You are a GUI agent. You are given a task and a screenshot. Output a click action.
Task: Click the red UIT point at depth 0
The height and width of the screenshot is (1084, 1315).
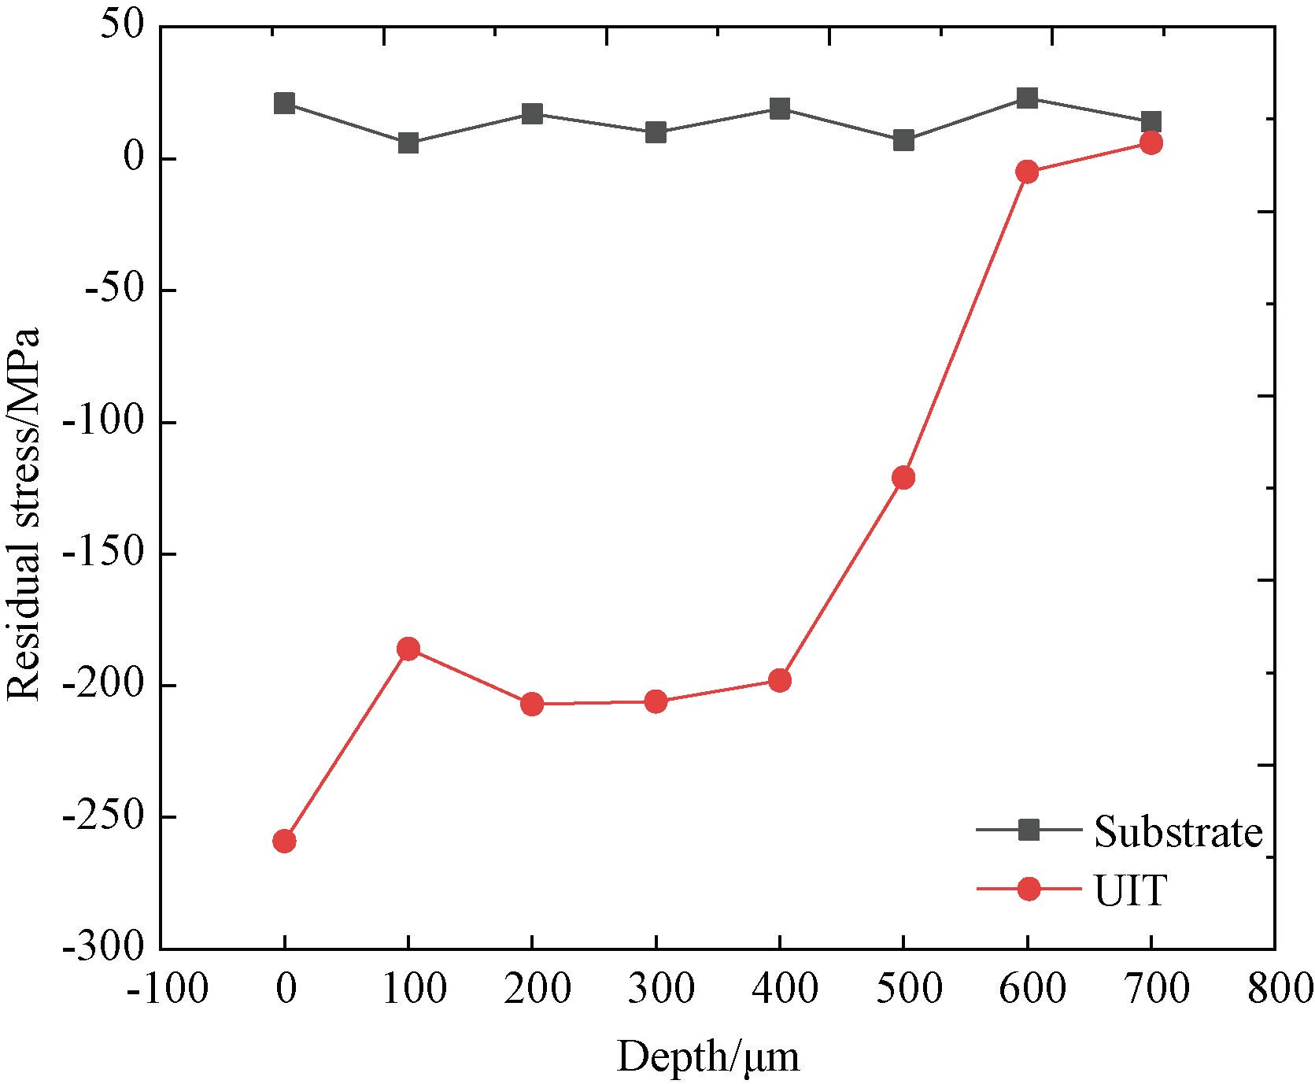pos(284,842)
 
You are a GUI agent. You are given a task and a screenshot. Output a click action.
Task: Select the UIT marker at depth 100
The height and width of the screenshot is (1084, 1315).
pos(408,649)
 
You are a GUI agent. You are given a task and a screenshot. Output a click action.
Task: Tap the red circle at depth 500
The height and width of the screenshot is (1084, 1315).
pos(903,478)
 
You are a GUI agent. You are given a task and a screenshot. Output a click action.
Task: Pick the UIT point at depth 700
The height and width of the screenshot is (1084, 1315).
pos(1151,142)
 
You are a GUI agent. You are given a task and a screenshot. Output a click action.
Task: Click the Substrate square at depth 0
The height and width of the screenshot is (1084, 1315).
pos(284,103)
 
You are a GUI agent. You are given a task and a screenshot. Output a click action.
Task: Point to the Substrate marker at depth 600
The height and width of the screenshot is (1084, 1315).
pos(1027,98)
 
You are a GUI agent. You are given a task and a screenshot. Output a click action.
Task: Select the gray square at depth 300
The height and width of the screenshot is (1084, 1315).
pos(656,132)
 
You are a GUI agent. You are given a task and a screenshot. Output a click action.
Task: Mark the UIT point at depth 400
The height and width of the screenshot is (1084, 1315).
pos(780,680)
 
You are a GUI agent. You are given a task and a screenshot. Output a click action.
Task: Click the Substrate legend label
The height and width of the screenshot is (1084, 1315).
pos(1178,831)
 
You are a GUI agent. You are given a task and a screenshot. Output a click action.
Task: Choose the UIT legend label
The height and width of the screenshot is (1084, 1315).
pos(1129,890)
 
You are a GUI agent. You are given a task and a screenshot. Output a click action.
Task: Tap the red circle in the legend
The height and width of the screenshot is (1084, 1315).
pos(1029,889)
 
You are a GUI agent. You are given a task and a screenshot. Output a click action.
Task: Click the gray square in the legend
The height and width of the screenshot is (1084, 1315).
pos(1029,829)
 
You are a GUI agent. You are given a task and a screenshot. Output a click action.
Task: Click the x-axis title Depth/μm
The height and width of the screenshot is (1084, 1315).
pos(708,1056)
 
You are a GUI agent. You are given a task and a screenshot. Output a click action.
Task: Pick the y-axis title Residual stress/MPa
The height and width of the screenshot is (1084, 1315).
pos(24,513)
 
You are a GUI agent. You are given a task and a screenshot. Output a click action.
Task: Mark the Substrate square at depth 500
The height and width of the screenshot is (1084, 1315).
pos(903,141)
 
